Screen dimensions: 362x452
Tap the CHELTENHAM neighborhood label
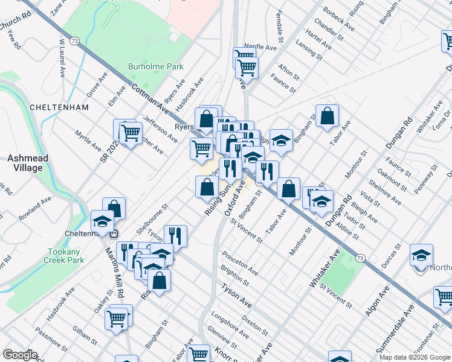coord(59,107)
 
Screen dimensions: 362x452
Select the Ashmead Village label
coord(25,163)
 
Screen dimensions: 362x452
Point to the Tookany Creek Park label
coord(62,256)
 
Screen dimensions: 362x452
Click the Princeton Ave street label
coord(240,263)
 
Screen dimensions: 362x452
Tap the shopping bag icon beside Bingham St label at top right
coord(327,116)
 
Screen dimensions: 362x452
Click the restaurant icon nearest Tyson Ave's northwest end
coord(175,235)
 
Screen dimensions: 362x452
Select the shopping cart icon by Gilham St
coord(117,317)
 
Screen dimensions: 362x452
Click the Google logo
coord(20,355)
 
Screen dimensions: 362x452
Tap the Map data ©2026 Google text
coord(414,357)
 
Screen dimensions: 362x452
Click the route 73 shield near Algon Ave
coord(360,258)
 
